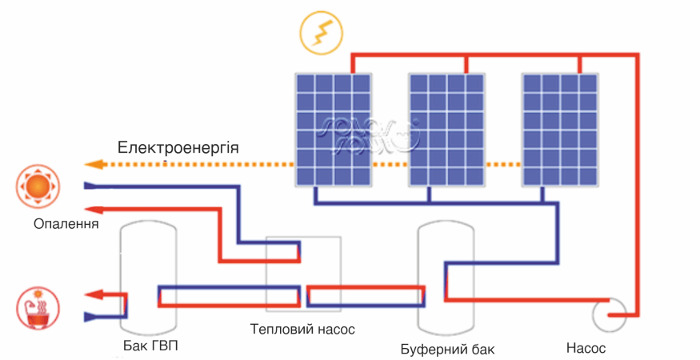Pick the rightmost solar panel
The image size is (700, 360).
(559, 129)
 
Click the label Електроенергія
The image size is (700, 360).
(178, 148)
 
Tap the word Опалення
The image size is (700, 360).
(66, 223)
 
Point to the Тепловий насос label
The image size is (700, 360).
(302, 330)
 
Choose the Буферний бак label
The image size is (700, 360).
(447, 350)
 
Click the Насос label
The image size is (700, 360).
(586, 348)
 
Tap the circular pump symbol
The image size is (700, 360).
(610, 313)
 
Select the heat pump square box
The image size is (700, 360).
(303, 273)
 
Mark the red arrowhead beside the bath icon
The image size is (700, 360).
(91, 294)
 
